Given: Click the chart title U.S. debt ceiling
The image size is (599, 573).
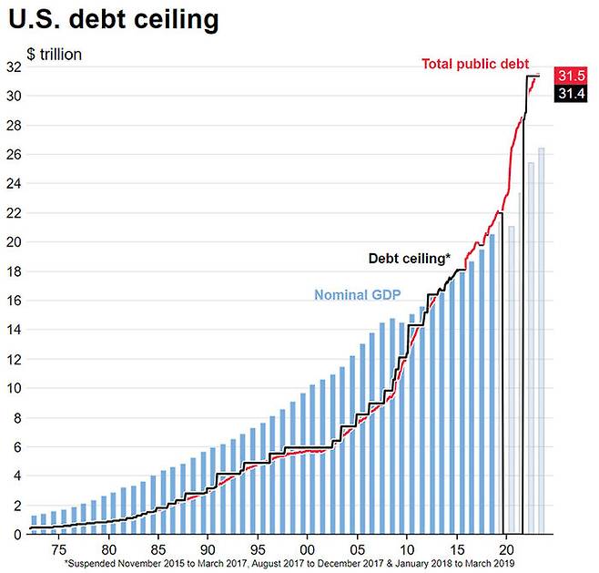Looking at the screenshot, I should (113, 19).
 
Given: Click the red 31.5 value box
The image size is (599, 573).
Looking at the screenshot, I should (571, 77).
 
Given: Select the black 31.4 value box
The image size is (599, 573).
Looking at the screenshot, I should (571, 95).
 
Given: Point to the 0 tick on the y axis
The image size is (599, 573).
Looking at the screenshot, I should (16, 535).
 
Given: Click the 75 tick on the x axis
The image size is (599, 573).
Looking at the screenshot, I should (59, 550).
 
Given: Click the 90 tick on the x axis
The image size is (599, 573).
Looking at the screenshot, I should (208, 550).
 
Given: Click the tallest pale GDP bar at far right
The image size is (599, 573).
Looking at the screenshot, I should (541, 342).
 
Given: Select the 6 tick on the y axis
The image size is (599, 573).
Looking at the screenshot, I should (16, 447).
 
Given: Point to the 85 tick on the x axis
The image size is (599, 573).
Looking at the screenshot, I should (158, 550).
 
